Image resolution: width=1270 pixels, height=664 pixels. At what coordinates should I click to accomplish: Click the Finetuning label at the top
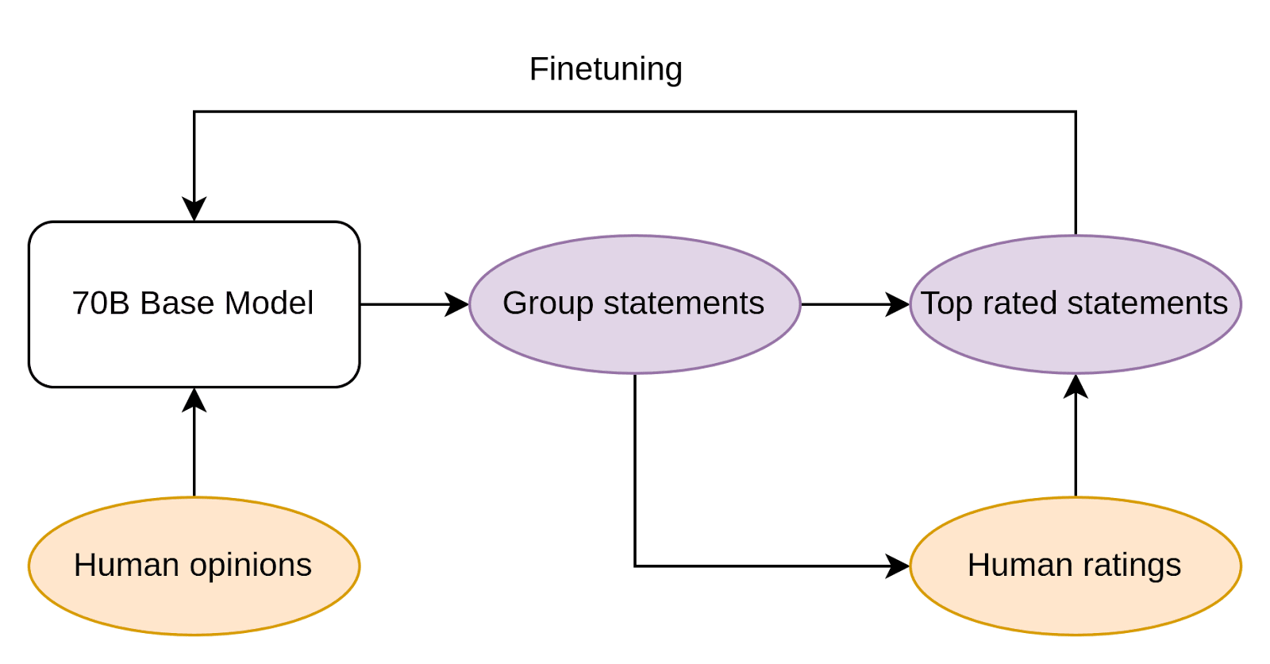click(606, 69)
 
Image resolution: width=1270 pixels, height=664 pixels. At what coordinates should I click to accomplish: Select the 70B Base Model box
click(194, 304)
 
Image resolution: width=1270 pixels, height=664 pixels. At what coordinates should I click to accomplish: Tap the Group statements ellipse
click(634, 304)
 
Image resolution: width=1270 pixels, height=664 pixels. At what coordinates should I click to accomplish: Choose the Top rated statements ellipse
click(1076, 304)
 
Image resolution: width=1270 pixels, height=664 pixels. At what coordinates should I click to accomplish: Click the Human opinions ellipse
click(194, 566)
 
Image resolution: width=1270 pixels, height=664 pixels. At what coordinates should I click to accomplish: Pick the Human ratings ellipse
click(1076, 566)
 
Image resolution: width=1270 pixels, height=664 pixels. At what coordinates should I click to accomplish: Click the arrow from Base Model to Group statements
click(414, 304)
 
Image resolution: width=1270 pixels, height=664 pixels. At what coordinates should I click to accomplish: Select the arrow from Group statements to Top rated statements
click(856, 304)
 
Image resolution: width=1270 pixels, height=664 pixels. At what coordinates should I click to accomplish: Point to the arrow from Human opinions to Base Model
click(194, 442)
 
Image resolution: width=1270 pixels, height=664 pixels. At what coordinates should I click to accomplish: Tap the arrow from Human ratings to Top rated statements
click(1076, 436)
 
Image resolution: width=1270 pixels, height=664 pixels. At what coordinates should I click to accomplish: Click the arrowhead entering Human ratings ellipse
click(898, 566)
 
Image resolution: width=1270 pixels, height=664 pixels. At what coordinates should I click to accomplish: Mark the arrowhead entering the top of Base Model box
click(194, 209)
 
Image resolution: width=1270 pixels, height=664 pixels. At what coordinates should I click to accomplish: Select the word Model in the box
click(269, 303)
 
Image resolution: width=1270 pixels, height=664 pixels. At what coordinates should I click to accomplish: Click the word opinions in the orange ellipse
click(251, 566)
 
